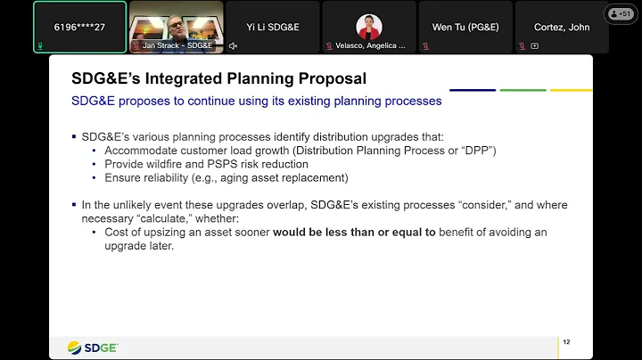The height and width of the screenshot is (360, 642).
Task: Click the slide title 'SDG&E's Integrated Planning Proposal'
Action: [x=218, y=79]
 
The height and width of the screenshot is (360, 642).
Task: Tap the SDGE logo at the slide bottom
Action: [x=93, y=347]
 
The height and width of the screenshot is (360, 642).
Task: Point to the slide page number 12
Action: [x=566, y=341]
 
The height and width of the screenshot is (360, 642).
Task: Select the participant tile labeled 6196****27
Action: [x=78, y=27]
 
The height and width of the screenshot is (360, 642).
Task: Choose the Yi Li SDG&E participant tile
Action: [x=272, y=27]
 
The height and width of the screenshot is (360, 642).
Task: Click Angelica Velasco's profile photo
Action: [x=368, y=25]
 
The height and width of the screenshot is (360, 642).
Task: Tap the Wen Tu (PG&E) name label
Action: [x=465, y=27]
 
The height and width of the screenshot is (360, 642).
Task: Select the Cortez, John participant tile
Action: [x=562, y=27]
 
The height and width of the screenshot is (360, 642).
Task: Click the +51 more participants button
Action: [x=619, y=14]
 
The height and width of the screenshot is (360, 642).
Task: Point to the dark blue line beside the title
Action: [x=472, y=90]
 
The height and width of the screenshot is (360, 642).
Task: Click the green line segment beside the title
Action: [x=523, y=90]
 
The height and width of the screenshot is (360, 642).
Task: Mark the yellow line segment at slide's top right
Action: [x=571, y=90]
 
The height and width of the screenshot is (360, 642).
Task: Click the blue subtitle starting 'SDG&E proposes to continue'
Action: [x=257, y=101]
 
